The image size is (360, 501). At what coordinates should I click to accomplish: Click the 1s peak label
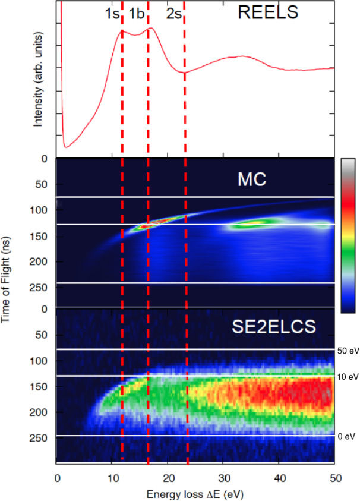(112, 14)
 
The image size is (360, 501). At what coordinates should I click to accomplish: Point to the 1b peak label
(136, 14)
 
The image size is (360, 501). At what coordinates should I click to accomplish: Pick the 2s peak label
(173, 14)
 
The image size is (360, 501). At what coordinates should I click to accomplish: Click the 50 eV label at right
(348, 351)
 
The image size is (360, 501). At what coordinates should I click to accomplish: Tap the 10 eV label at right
(348, 377)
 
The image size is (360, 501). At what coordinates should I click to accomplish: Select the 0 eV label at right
(346, 437)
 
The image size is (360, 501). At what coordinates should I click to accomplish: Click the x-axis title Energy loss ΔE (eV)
(197, 493)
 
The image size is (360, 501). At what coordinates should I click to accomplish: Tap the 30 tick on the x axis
(223, 477)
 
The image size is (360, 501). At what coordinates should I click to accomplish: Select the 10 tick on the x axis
(112, 477)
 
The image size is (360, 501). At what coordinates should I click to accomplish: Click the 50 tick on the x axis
(334, 477)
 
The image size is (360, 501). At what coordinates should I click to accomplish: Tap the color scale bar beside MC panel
(348, 235)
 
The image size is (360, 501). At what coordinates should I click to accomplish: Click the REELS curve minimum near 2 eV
(67, 146)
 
